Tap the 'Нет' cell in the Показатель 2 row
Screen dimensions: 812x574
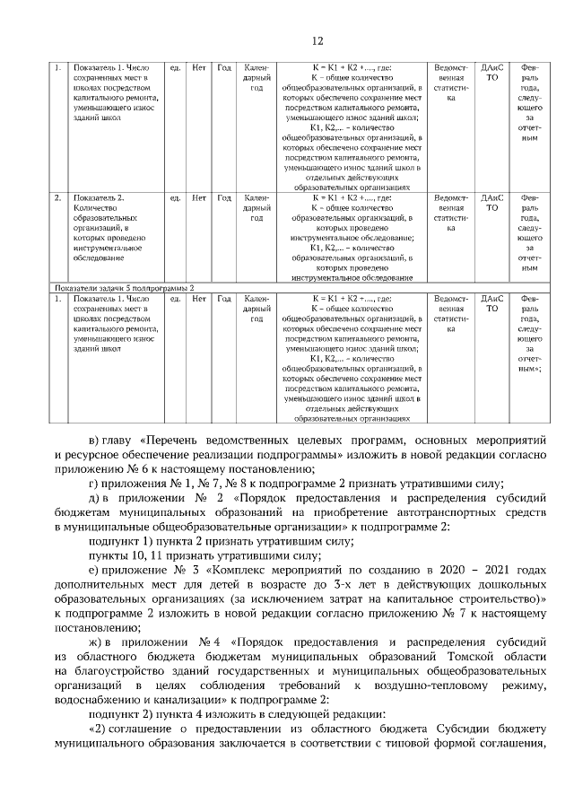coord(199,196)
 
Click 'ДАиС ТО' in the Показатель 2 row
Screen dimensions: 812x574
coord(491,202)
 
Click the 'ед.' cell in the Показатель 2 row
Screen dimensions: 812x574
coord(176,196)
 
